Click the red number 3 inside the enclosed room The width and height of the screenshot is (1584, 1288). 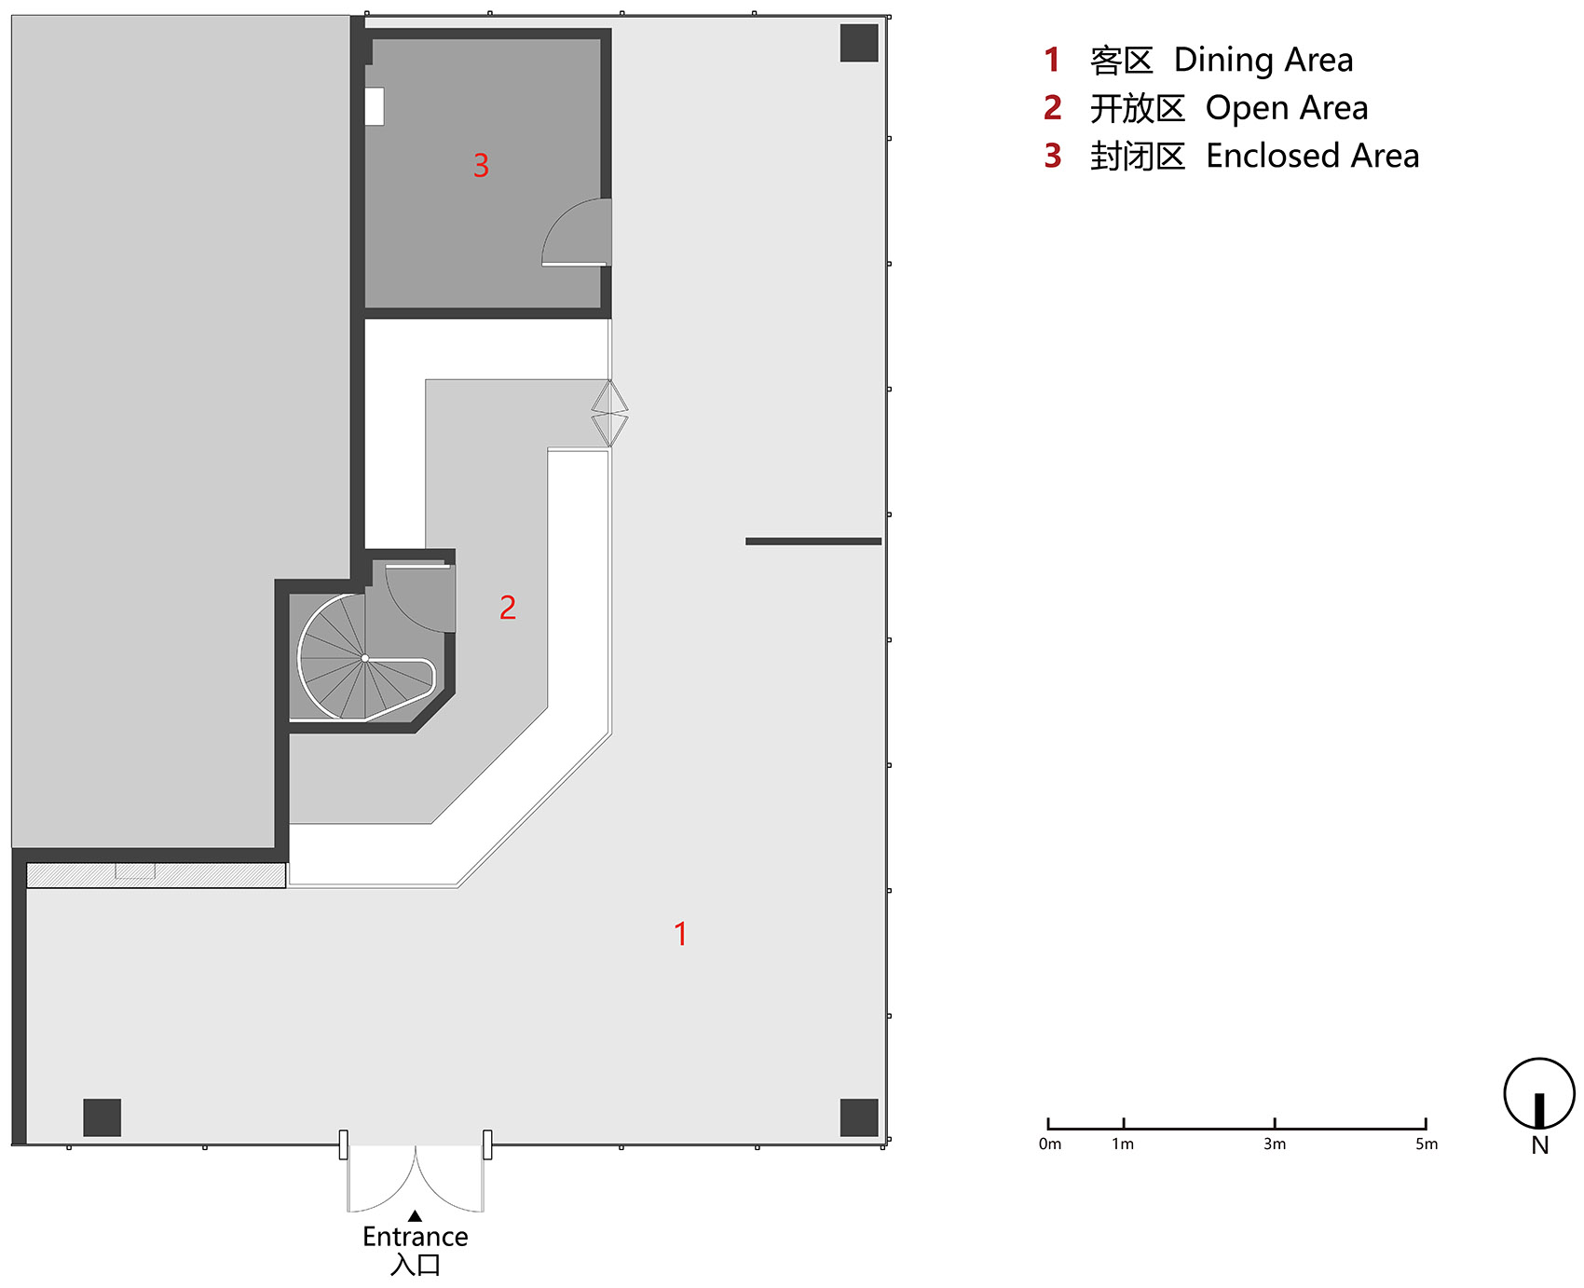(481, 166)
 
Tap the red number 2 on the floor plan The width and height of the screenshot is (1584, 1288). (508, 608)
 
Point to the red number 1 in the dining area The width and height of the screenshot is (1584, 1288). (681, 934)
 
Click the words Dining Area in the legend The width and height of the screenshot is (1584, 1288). (1263, 60)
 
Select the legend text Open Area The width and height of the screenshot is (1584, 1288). (1287, 109)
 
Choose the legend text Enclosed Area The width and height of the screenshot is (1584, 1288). (1312, 156)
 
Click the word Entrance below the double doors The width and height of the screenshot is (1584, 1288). (416, 1237)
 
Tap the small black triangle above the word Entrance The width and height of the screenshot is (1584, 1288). (416, 1215)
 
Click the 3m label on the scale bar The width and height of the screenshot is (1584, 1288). (1275, 1144)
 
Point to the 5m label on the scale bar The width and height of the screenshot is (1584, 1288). (1427, 1144)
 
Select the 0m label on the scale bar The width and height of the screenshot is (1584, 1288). (1050, 1144)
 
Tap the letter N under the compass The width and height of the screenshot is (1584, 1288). (1540, 1145)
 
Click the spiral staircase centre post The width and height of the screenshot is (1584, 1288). (365, 658)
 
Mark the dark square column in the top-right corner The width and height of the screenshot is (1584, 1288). (859, 43)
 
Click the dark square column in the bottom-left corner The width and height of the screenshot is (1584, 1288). (102, 1117)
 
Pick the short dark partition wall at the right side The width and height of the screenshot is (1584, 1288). (813, 541)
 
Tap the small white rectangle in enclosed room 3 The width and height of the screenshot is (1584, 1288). (375, 106)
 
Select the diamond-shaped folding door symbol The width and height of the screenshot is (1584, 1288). (609, 413)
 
